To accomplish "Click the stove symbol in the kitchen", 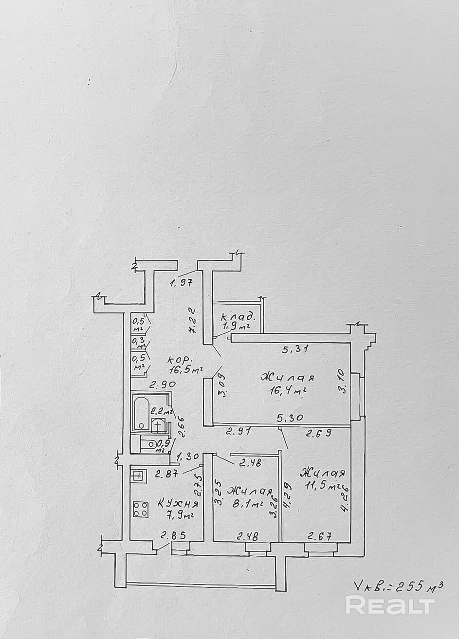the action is (140, 510).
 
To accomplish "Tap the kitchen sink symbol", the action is (138, 475).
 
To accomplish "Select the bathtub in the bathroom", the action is (141, 413).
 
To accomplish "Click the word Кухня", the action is (178, 504).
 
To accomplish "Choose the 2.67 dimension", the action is (319, 537).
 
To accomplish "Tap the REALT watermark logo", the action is (389, 605).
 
